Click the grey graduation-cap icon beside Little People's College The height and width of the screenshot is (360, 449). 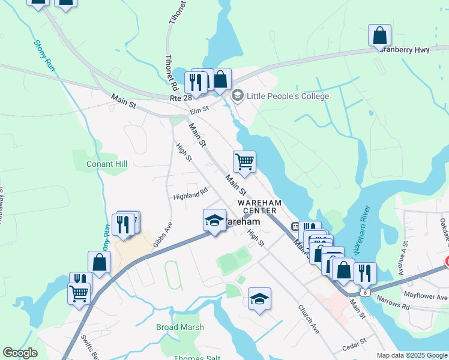(x=238, y=95)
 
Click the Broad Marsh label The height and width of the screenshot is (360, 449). (x=180, y=327)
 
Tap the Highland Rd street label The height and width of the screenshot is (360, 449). (x=190, y=193)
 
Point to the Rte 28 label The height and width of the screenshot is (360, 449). (x=181, y=98)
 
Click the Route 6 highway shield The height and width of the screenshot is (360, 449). (x=364, y=292)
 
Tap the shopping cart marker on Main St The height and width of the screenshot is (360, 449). (x=244, y=161)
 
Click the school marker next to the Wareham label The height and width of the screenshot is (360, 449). (x=214, y=220)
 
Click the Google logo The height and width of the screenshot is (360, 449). (x=20, y=353)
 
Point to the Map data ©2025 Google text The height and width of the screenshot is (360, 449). (x=411, y=355)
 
